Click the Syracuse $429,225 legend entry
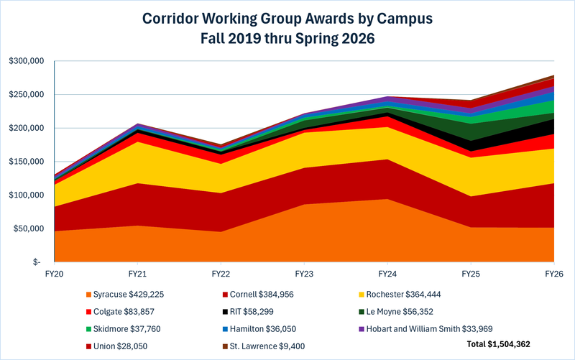pyautogui.click(x=124, y=295)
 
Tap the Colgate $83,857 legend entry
pyautogui.click(x=120, y=312)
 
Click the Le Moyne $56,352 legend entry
pyautogui.click(x=400, y=312)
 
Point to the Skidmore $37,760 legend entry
pyautogui.click(x=123, y=329)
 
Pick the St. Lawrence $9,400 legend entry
pyautogui.click(x=267, y=346)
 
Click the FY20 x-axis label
pyautogui.click(x=55, y=274)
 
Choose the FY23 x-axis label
pyautogui.click(x=304, y=274)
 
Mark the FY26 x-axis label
pyautogui.click(x=553, y=274)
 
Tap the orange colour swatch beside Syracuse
pyautogui.click(x=88, y=295)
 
